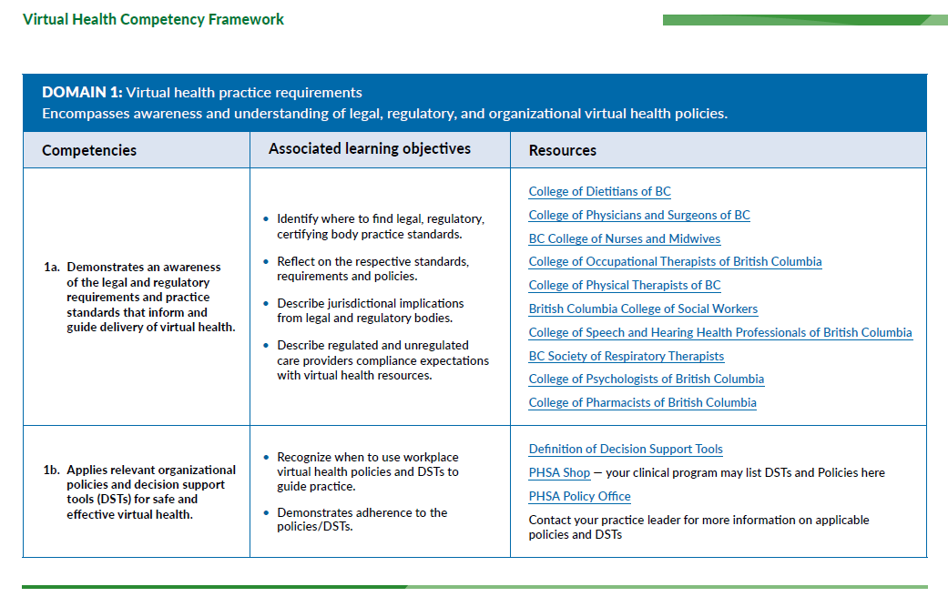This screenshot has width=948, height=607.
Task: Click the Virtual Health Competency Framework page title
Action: click(153, 19)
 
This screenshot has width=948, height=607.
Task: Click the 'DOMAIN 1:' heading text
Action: click(82, 93)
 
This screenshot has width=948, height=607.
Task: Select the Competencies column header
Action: click(89, 150)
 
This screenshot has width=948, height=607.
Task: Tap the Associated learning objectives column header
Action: click(370, 149)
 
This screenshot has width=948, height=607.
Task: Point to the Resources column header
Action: click(562, 150)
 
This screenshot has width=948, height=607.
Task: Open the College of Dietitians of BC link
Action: click(600, 191)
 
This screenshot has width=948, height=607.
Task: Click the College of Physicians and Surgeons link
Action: click(639, 215)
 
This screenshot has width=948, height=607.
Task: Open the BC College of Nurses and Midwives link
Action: click(625, 238)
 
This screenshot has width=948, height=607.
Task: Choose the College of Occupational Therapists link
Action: click(676, 261)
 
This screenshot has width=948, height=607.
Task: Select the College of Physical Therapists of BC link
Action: click(625, 285)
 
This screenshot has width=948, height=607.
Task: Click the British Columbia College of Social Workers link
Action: click(643, 309)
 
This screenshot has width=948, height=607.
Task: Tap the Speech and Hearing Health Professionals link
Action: click(720, 332)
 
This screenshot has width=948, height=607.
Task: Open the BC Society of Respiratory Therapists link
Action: click(627, 357)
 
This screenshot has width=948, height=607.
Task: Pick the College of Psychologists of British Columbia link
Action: click(647, 379)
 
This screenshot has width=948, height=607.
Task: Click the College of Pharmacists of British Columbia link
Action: click(643, 402)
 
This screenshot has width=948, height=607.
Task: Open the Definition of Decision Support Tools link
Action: click(626, 449)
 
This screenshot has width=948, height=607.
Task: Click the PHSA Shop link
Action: click(559, 472)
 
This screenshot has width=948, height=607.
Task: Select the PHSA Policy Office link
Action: click(580, 496)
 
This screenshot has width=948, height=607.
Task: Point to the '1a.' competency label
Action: click(51, 267)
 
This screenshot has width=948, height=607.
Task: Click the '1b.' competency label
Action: click(51, 470)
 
